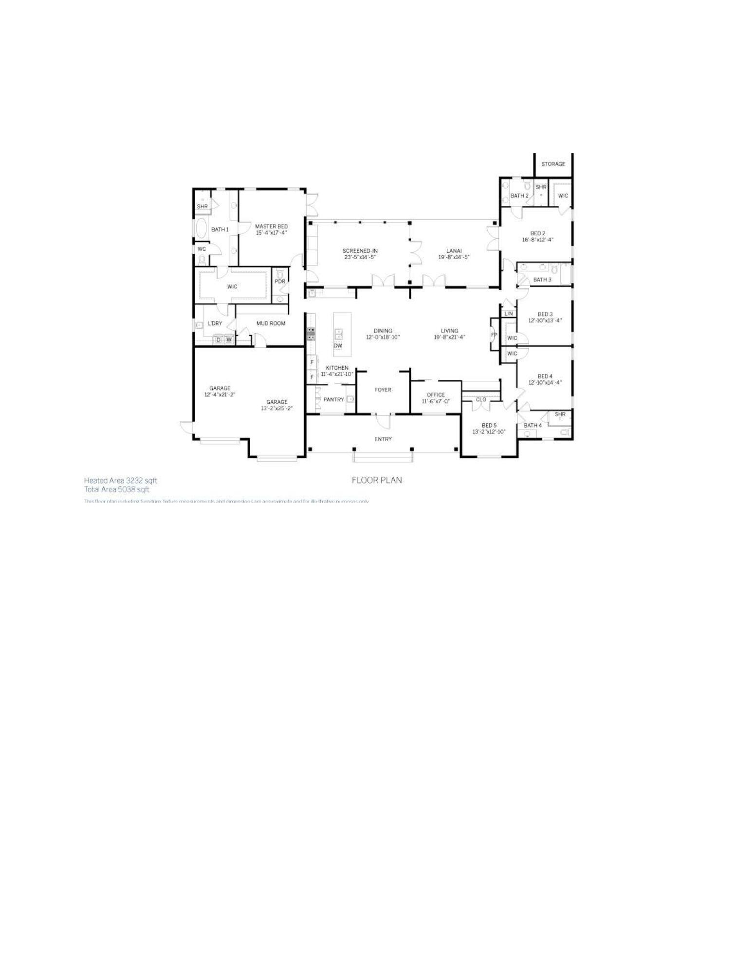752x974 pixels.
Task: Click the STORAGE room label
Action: coord(553,164)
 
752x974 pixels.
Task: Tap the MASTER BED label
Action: coord(271,226)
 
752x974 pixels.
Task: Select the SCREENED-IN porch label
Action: coord(360,251)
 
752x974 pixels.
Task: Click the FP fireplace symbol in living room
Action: coord(494,335)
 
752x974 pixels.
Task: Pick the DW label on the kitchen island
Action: coord(338,346)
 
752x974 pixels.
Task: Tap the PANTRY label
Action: coord(333,400)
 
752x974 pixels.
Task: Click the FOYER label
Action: coord(383,390)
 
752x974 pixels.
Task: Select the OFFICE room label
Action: coord(436,395)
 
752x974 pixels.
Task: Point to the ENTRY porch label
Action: coord(383,439)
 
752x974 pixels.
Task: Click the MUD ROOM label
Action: coord(271,323)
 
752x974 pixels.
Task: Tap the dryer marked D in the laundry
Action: coord(218,340)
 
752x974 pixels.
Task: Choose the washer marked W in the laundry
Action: coord(228,340)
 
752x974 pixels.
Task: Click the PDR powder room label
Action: coord(280,281)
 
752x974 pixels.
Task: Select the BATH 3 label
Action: coord(542,280)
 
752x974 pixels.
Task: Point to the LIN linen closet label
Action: coord(509,314)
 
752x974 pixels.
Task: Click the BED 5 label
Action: coord(489,425)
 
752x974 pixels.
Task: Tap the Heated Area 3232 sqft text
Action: coord(120,480)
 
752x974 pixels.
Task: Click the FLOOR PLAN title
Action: coord(377,480)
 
